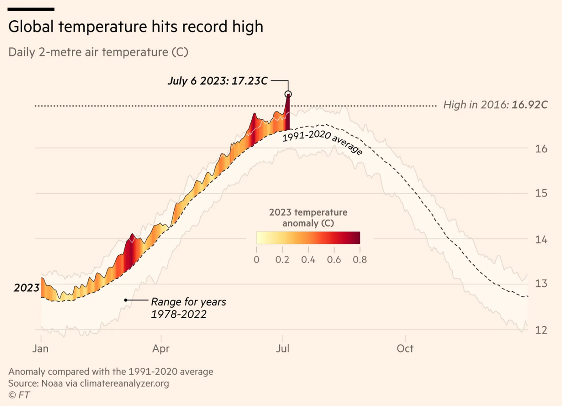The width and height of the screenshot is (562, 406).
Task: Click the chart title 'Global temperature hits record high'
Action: [136, 27]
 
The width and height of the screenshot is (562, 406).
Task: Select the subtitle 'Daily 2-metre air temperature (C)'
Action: [98, 52]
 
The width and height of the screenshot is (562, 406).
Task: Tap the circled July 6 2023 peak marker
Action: [288, 94]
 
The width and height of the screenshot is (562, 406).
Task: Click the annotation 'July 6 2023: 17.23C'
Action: [218, 81]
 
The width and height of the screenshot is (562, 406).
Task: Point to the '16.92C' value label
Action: [529, 105]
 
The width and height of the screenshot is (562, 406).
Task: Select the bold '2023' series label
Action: [26, 288]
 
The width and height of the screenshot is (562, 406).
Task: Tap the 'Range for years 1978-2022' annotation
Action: [188, 308]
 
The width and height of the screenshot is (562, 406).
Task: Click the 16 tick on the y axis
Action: [541, 149]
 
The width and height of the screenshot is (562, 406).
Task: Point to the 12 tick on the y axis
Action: [541, 330]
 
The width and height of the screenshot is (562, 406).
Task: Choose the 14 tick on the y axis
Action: [541, 239]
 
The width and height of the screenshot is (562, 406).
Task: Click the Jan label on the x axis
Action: [41, 348]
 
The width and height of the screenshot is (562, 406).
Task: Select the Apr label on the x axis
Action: [161, 348]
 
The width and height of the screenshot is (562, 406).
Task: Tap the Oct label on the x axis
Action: [405, 348]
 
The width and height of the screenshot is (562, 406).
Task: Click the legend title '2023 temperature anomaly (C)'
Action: [308, 218]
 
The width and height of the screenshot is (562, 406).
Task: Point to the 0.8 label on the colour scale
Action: [360, 260]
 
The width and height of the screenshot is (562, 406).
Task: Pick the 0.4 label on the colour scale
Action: [308, 260]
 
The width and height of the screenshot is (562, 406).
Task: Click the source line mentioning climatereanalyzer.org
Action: [88, 383]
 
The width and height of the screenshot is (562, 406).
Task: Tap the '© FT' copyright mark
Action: [19, 395]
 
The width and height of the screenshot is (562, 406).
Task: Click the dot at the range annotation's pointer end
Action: [126, 300]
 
